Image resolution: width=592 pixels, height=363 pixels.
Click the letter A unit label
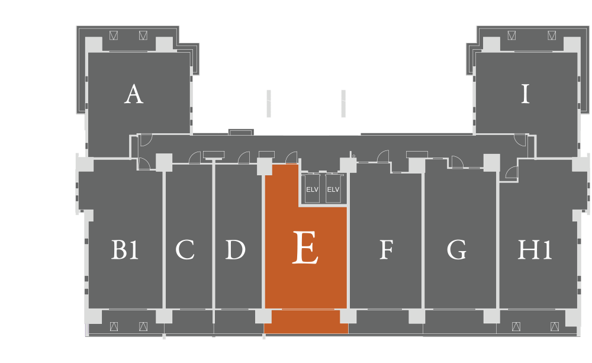tap(134, 94)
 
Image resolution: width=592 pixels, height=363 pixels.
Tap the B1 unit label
tap(124, 249)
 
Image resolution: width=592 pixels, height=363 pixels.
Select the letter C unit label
tap(185, 249)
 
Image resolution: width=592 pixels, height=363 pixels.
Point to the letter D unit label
tap(235, 249)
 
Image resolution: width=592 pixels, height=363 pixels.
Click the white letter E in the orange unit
tap(305, 248)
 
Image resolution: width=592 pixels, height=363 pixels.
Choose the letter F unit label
tap(386, 249)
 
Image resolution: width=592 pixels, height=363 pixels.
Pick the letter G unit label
tap(456, 249)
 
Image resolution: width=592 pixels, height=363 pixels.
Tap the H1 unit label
tap(535, 249)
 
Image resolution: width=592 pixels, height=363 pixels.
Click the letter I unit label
tap(525, 94)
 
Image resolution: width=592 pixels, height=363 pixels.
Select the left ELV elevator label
tap(312, 189)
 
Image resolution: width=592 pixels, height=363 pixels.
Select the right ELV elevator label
tap(333, 189)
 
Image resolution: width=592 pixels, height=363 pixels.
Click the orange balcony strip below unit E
tap(306, 322)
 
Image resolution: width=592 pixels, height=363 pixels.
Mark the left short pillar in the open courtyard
tap(268, 104)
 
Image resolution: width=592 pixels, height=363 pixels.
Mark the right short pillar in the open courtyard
tap(343, 104)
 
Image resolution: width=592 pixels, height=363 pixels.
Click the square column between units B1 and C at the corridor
tap(164, 162)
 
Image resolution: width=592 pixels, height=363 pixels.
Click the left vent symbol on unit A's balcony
tap(113, 35)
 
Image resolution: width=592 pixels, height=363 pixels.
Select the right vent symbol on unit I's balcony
tap(552, 35)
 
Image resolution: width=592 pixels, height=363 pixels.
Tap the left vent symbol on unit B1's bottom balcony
tap(114, 326)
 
